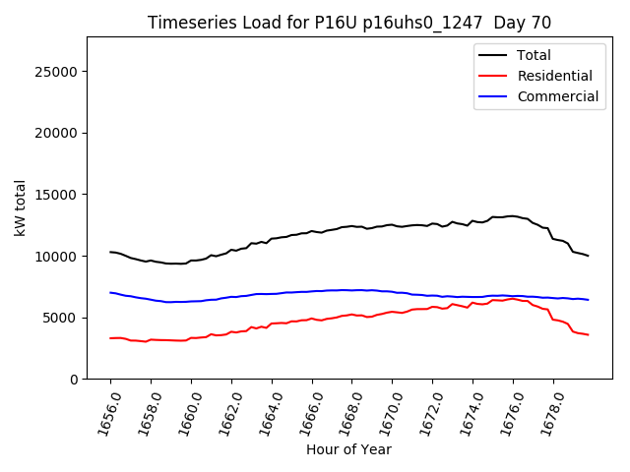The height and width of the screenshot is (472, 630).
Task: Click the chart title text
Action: click(349, 23)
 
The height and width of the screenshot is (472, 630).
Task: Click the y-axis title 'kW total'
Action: click(20, 207)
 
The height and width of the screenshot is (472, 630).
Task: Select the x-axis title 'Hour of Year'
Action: click(348, 449)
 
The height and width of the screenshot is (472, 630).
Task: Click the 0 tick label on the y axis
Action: click(74, 379)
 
